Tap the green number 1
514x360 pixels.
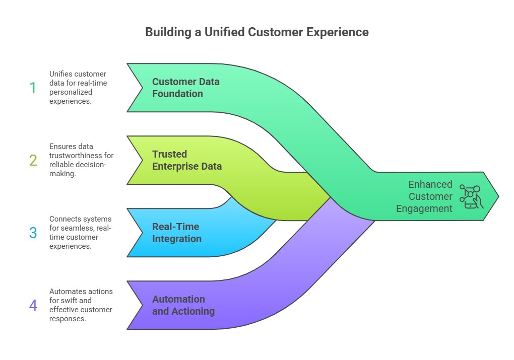point(33,88)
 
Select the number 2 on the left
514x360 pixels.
point(33,160)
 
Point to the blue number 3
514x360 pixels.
point(33,233)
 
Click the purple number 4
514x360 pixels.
point(33,305)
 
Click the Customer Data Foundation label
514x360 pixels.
point(185,88)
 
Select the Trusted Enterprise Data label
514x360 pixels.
point(186,160)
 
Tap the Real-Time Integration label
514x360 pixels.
point(176,233)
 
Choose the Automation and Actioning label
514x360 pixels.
point(183,305)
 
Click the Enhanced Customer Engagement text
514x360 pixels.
point(424,196)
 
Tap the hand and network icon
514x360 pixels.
point(471,196)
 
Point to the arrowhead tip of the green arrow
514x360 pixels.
point(497,196)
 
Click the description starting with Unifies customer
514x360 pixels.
point(78,87)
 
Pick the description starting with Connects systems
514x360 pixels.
point(80,233)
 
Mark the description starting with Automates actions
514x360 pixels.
point(81,305)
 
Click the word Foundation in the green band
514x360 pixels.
point(177,94)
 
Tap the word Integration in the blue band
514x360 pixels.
point(176,239)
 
